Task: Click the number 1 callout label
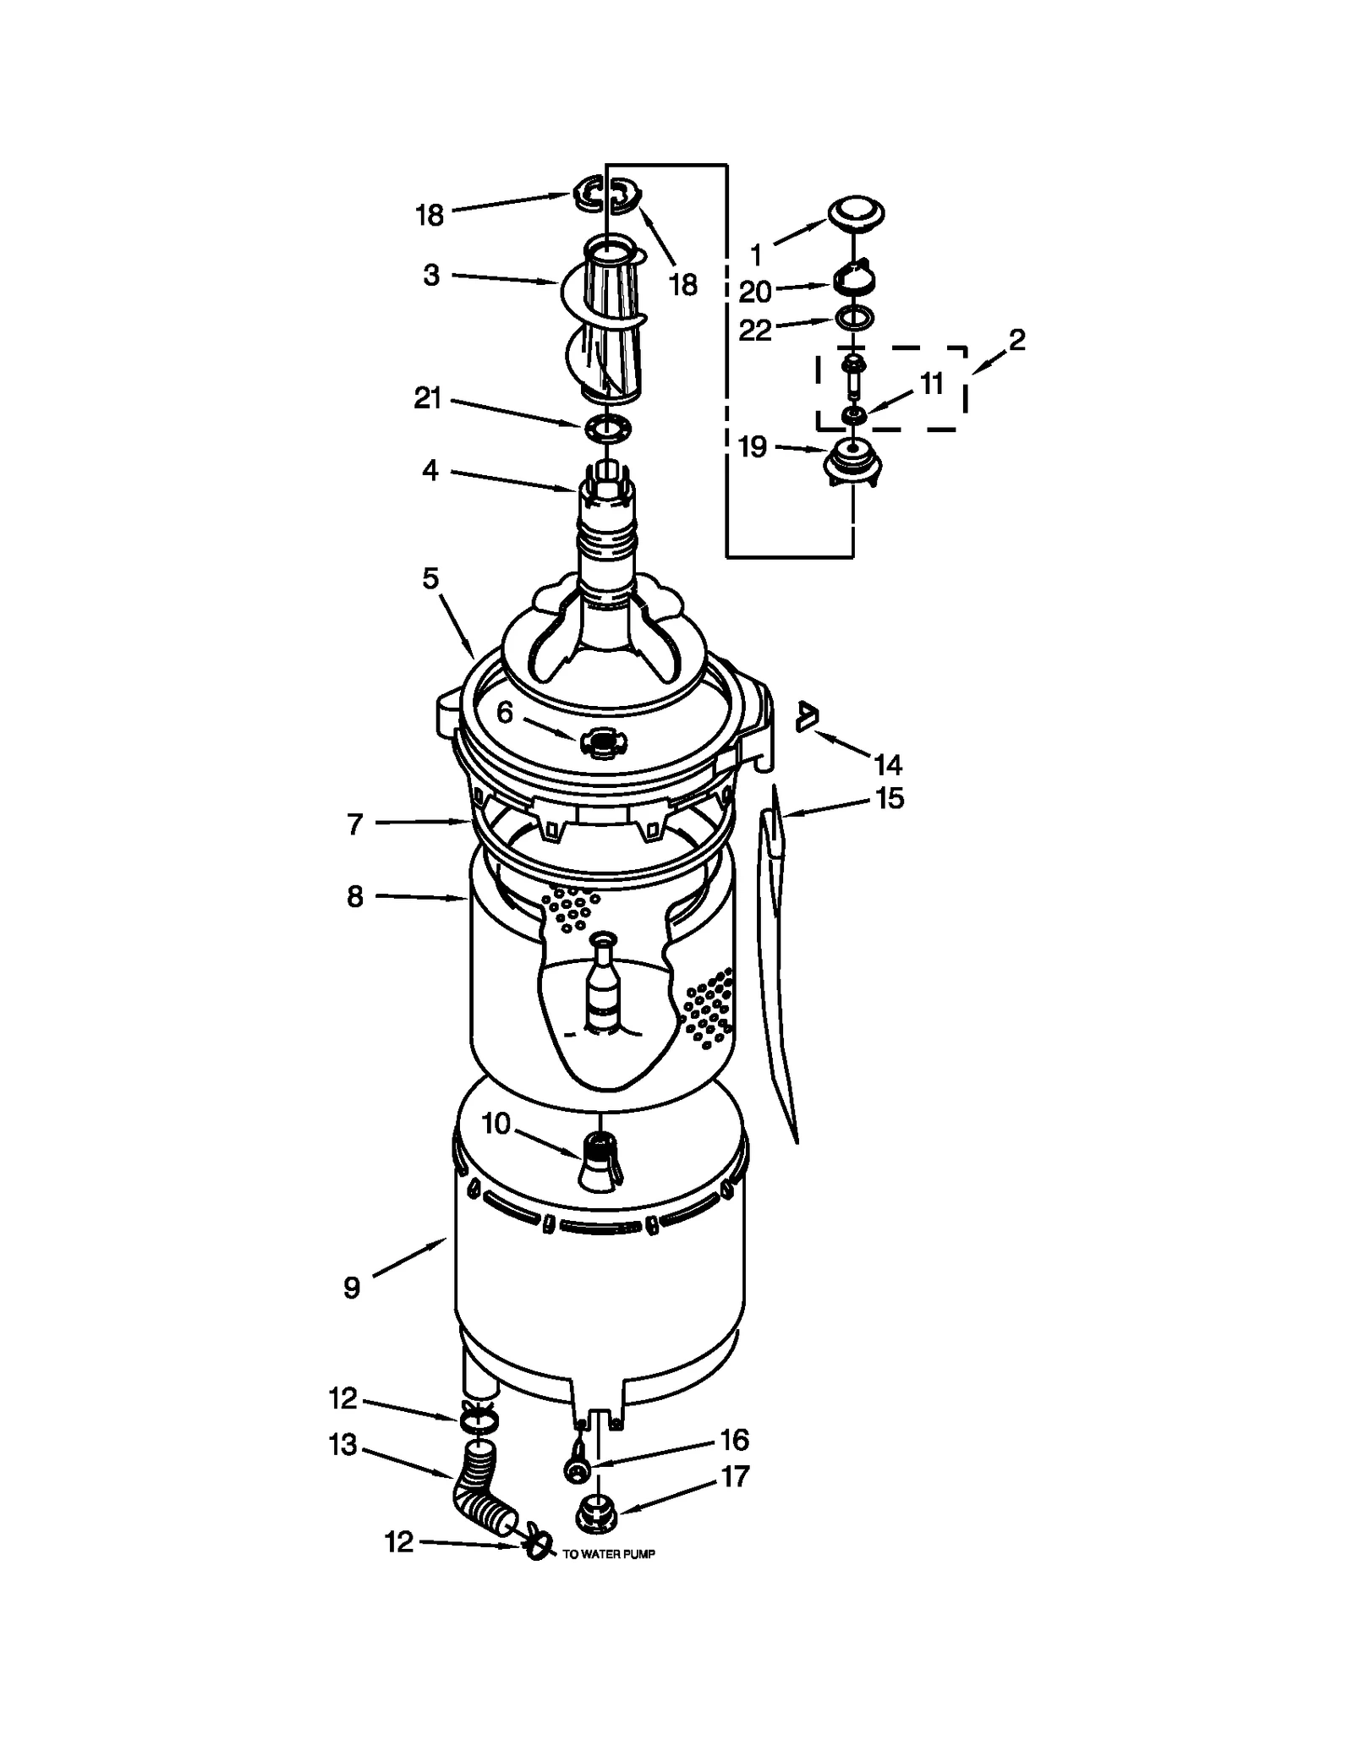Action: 756,254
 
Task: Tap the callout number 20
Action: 755,292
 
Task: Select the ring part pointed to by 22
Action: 853,319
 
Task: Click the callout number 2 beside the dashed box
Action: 1016,340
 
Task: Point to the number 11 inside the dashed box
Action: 931,383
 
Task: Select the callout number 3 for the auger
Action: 431,275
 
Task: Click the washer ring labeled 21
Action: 608,430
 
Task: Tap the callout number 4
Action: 430,470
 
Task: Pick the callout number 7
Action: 355,824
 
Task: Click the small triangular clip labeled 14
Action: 808,717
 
